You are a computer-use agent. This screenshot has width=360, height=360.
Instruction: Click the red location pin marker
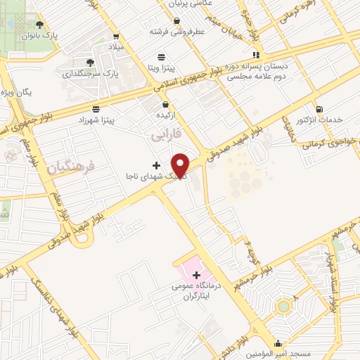click(x=181, y=164)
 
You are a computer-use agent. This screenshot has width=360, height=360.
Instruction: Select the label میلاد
click(x=115, y=46)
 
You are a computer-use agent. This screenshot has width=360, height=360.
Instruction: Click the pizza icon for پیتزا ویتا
click(x=162, y=56)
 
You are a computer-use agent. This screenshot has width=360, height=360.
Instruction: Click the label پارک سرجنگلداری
click(x=88, y=73)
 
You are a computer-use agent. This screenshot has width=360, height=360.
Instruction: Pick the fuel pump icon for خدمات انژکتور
click(x=320, y=109)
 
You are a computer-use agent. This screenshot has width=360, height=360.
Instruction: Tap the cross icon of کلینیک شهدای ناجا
click(x=156, y=165)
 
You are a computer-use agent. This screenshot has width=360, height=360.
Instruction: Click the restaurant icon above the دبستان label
click(x=257, y=54)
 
